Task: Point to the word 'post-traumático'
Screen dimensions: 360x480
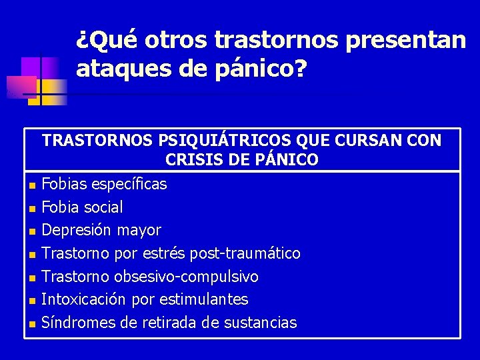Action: [x=245, y=253]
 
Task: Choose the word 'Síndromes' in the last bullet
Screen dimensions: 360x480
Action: [x=77, y=323]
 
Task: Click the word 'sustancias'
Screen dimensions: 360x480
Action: [x=261, y=323]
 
